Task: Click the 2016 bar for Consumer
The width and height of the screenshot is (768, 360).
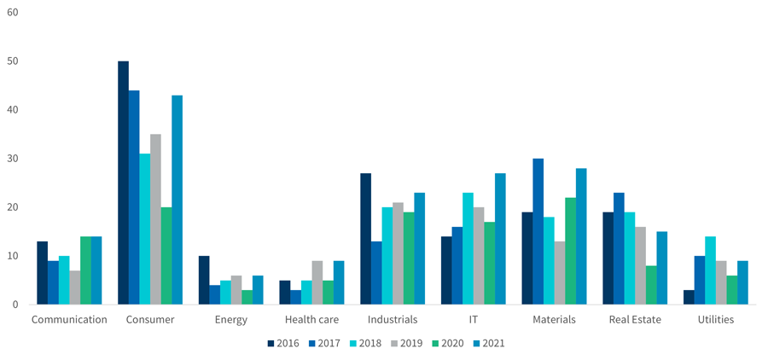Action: click(123, 183)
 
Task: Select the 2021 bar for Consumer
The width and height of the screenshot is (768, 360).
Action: click(177, 200)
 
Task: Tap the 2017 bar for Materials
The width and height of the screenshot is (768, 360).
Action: click(538, 231)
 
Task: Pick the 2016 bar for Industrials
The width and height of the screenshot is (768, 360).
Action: click(365, 239)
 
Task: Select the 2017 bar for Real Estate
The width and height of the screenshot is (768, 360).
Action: click(619, 248)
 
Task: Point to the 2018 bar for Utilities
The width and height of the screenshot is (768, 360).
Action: click(710, 270)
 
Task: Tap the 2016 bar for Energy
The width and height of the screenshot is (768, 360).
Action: click(204, 280)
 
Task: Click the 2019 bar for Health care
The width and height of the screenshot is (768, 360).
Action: click(317, 282)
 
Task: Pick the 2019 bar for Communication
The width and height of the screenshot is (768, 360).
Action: click(74, 287)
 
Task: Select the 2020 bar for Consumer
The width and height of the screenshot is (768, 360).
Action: click(166, 256)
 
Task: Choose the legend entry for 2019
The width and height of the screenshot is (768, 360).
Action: click(404, 343)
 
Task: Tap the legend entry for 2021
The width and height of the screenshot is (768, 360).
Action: click(486, 343)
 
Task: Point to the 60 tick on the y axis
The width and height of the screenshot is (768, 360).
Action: click(11, 13)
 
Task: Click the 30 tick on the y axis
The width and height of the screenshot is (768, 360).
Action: click(11, 159)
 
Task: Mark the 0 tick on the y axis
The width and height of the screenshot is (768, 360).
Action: click(15, 305)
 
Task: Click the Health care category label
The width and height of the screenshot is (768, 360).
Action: click(311, 320)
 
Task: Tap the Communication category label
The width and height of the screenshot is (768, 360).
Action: click(69, 320)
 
